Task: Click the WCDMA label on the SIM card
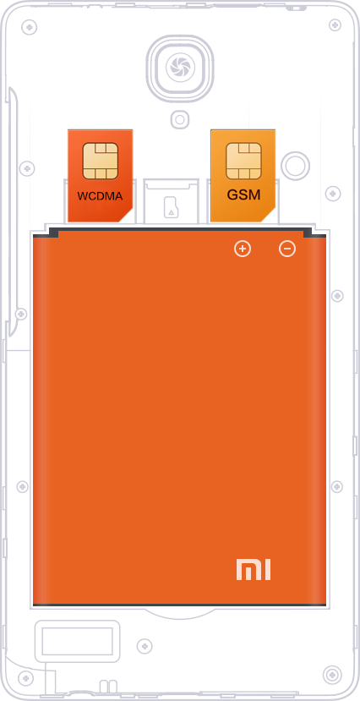100,196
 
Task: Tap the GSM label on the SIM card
243,195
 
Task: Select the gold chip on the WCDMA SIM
100,161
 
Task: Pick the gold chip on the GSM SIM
243,161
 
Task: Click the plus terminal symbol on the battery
243,249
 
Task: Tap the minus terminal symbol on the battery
287,249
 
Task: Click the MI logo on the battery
254,569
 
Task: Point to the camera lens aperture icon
180,68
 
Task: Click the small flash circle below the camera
179,119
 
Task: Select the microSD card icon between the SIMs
171,207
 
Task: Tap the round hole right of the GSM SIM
295,166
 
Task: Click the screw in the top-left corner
30,27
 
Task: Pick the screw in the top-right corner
335,25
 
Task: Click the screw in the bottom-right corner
332,675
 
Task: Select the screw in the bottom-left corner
25,678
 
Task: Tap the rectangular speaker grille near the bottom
77,641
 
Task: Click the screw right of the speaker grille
145,646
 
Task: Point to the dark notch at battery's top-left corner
53,233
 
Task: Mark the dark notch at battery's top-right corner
308,233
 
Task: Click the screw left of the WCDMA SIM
27,169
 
